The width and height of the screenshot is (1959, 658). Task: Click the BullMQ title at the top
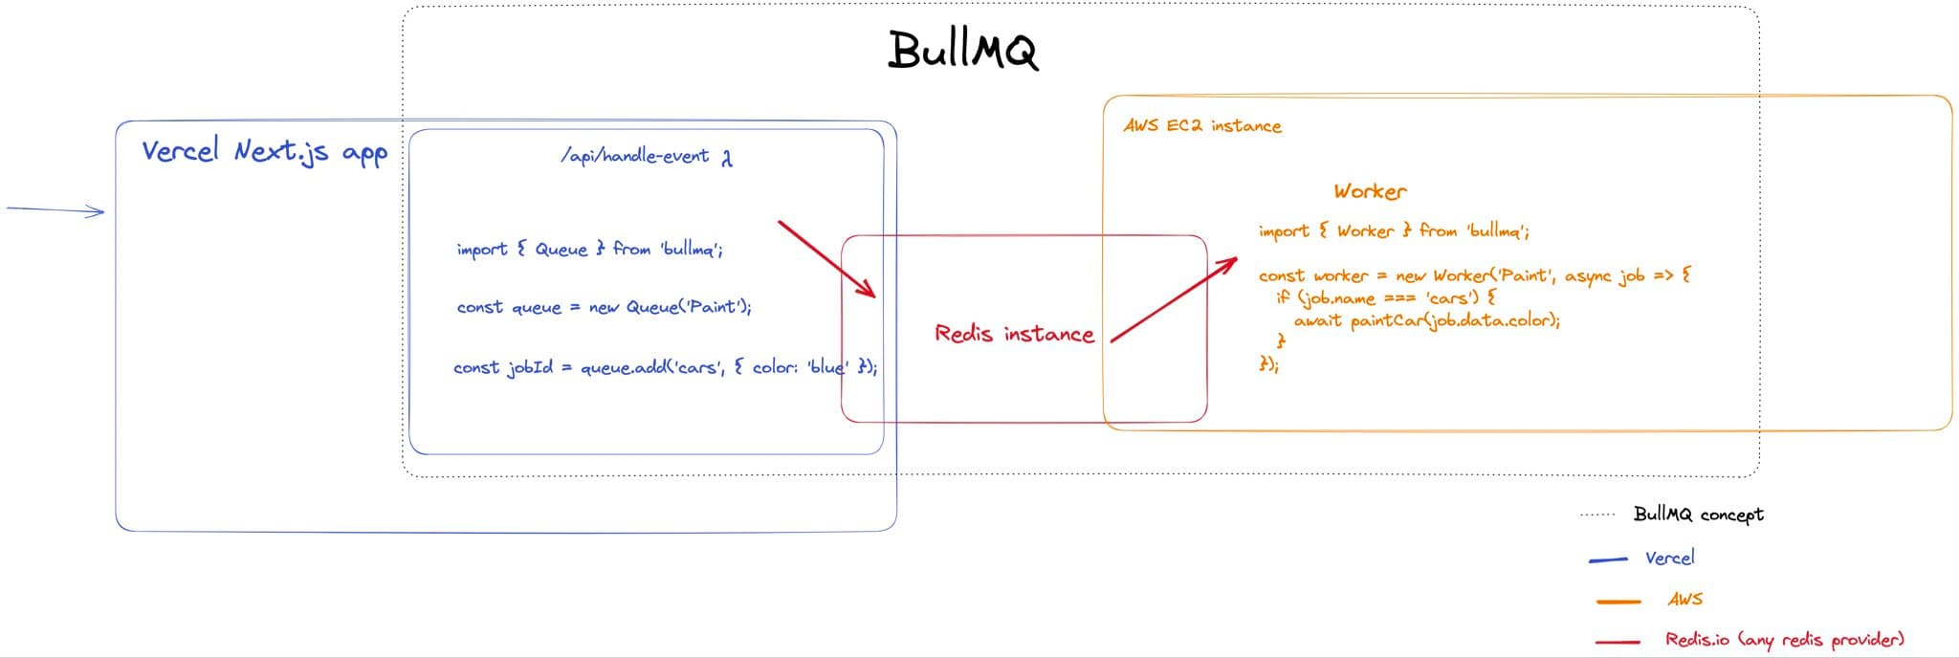962,50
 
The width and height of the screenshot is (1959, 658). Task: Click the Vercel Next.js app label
264,151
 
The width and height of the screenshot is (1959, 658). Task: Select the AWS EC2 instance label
1201,125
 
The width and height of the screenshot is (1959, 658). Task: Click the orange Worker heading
1370,191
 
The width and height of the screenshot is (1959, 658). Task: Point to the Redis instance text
1014,334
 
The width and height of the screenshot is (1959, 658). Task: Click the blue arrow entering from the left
55,209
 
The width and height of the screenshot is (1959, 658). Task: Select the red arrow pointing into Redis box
826,258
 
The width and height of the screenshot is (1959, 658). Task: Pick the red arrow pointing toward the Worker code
1174,299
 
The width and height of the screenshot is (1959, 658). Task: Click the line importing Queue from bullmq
589,250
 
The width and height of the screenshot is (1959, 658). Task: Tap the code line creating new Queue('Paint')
604,307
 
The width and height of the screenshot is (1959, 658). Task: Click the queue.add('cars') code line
664,367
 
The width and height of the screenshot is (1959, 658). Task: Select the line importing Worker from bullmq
1393,231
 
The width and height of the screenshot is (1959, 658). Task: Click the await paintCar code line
1426,321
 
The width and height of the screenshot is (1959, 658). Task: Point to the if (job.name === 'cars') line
1385,297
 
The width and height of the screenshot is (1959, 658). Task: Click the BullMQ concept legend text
1698,515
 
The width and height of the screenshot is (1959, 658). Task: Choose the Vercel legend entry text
1669,558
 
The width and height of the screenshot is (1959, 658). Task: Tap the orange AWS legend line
1618,602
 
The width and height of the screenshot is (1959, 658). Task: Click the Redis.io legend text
1784,640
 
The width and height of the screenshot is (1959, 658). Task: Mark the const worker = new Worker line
1474,275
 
